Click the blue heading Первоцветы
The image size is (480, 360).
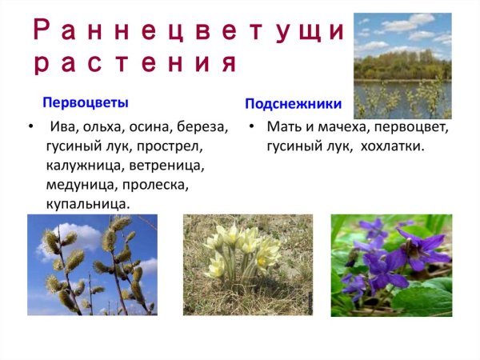[86, 103]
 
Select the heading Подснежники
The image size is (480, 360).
[293, 104]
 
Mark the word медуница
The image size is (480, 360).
[79, 186]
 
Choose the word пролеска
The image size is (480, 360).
[158, 186]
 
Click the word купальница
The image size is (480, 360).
[87, 205]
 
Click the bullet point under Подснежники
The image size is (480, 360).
[251, 127]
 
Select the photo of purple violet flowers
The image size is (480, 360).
[391, 264]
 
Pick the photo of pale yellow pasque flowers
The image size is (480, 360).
[247, 264]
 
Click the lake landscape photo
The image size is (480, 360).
[402, 66]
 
